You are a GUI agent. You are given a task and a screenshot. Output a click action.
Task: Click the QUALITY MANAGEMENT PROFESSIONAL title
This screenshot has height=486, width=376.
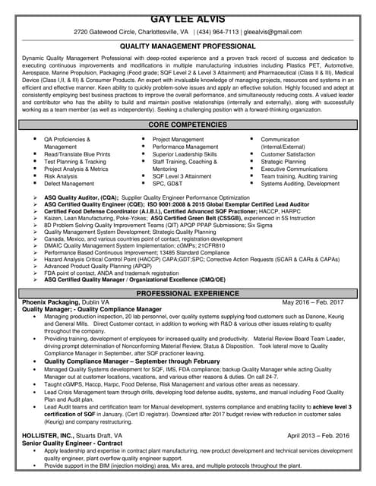187,46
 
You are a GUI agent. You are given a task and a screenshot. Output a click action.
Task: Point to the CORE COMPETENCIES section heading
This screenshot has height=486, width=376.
187,123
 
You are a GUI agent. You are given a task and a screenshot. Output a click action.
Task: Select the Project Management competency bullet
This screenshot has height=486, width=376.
179,140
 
